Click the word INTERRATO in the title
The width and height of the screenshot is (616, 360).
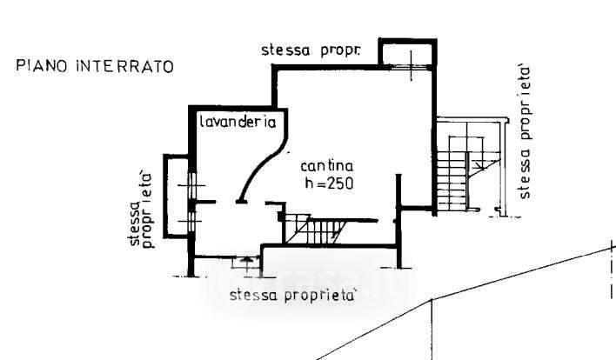[125, 66]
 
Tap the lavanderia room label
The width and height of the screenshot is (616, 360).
[238, 122]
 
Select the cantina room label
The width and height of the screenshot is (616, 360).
[327, 166]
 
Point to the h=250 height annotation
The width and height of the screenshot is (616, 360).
[329, 183]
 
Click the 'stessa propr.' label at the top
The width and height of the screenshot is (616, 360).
[311, 50]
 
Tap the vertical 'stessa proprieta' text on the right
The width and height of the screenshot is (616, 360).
[525, 133]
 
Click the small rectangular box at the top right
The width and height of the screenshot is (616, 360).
[408, 52]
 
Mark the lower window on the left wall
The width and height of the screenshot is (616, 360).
[191, 221]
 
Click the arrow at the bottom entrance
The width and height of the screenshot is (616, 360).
[246, 261]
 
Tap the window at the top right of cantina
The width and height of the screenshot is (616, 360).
[411, 67]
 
